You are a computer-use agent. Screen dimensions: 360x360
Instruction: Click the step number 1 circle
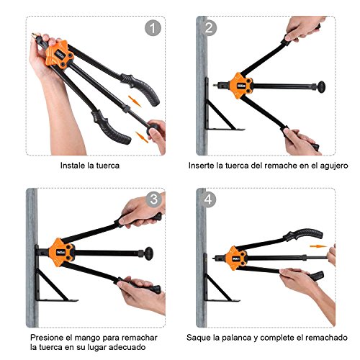coord(151,28)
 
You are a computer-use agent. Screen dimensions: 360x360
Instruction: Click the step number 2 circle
coord(210,29)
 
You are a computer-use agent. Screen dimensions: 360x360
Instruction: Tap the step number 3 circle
coord(153,199)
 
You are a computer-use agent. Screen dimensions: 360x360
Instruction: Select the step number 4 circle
coord(209,199)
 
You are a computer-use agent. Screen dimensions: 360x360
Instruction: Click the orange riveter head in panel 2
coord(237,85)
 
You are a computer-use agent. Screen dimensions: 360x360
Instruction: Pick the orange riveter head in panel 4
coord(234,253)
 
